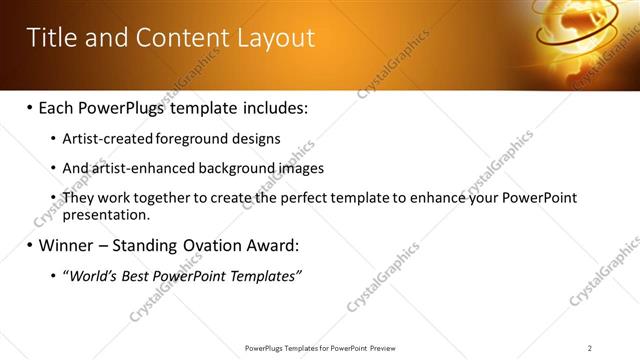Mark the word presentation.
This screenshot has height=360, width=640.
click(x=106, y=214)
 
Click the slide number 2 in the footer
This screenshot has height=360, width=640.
click(x=590, y=348)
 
